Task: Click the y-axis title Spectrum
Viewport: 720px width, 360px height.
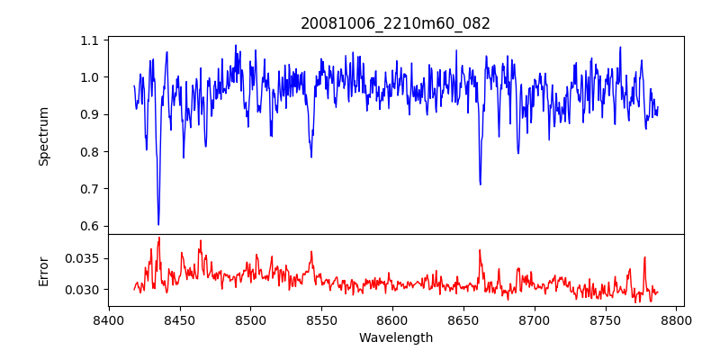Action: click(43, 136)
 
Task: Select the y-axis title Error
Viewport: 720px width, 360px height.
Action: click(43, 270)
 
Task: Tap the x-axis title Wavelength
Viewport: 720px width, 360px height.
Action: click(396, 337)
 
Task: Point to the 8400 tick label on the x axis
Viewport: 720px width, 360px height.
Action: click(109, 319)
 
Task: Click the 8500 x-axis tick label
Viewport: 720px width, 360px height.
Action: click(250, 319)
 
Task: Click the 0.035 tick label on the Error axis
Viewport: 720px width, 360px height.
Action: click(84, 258)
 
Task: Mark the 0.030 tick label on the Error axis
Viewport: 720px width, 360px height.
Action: click(84, 290)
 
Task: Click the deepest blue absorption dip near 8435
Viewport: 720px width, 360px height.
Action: click(158, 224)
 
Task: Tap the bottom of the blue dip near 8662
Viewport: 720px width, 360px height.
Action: click(481, 184)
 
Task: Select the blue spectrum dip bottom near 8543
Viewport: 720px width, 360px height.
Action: click(311, 157)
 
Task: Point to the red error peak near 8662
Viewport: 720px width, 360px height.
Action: click(480, 250)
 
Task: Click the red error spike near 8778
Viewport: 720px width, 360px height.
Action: click(644, 257)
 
